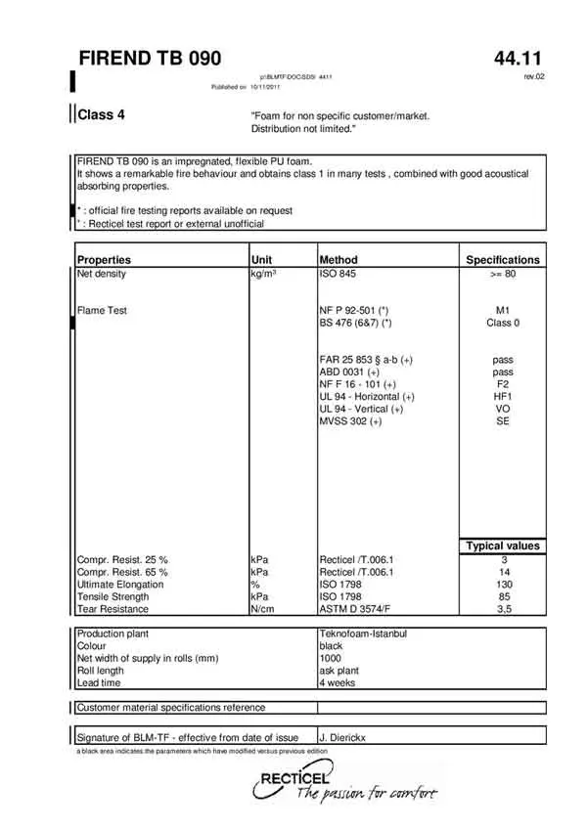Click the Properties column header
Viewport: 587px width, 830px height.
104,260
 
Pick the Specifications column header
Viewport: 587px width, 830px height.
502,260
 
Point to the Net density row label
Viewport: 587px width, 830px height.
102,274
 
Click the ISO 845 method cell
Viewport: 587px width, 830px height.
338,274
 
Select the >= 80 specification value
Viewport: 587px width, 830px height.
503,274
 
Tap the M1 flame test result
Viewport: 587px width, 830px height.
503,311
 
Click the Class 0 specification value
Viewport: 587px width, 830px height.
503,323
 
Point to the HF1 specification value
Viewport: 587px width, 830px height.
503,397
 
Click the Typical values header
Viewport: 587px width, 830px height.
503,546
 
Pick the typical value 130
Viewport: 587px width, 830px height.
503,584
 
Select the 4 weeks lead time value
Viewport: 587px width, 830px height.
338,683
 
